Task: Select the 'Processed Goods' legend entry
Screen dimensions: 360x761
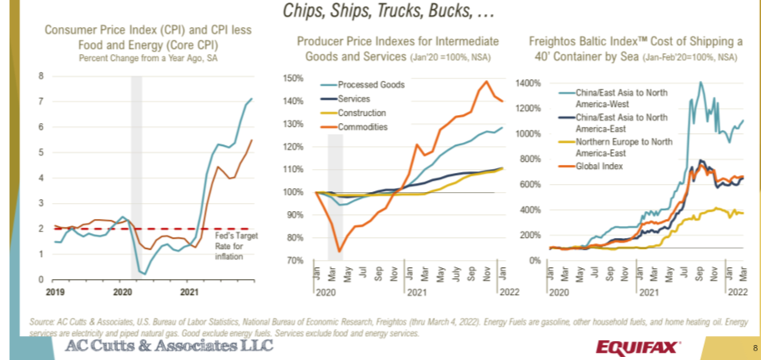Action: (371, 85)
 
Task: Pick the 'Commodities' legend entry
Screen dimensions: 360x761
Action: (362, 128)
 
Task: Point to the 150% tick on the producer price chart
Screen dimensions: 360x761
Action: (293, 79)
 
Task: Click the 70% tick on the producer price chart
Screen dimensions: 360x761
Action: (293, 260)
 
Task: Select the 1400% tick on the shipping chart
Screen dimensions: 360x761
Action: (528, 82)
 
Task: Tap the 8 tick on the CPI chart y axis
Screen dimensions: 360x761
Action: (40, 76)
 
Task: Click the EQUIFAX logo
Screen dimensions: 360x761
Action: (635, 347)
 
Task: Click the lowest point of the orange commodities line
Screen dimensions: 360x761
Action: (339, 252)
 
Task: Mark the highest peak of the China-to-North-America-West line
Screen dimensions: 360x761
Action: (701, 82)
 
